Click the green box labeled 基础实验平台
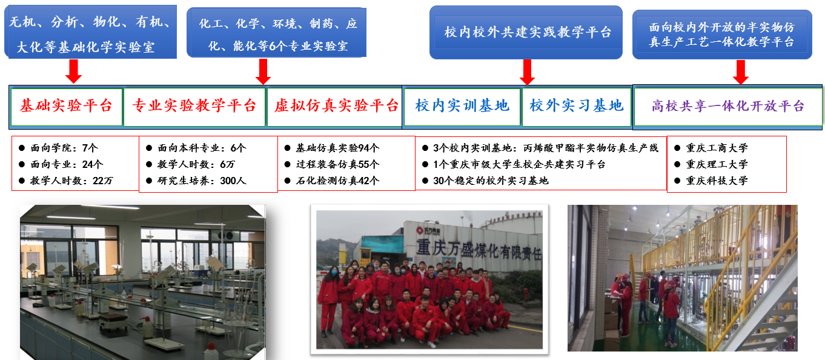[66, 107]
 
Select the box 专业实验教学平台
[194, 107]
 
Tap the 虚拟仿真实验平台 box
[334, 107]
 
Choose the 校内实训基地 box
[462, 107]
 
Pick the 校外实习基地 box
[577, 107]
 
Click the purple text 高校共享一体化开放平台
[727, 107]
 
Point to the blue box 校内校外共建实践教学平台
[526, 33]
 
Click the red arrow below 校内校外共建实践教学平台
[527, 72]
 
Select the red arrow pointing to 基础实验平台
[73, 71]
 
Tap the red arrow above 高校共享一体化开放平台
[741, 72]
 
